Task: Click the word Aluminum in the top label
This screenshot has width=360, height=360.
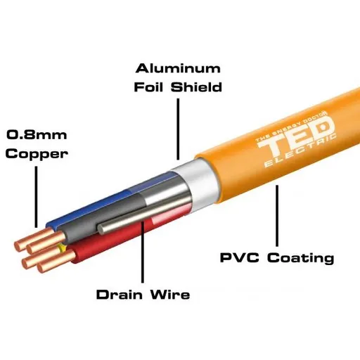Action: point(178,69)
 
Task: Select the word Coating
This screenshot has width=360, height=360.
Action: point(298,258)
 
